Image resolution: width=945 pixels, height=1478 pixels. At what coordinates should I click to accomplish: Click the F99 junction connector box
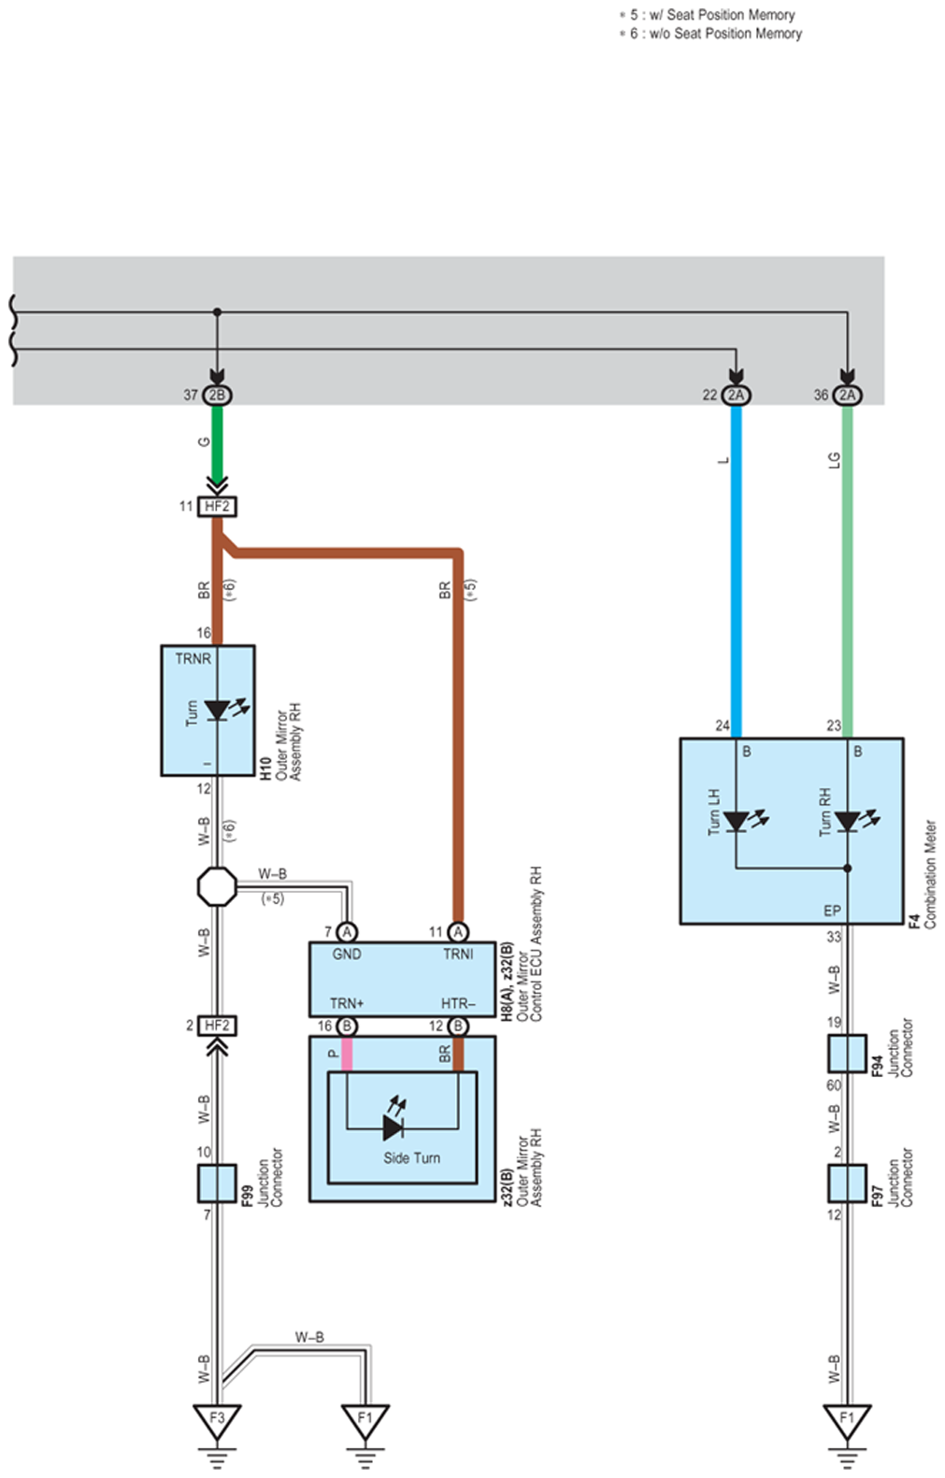click(217, 1184)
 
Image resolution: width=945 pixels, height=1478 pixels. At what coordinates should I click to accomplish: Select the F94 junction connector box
click(847, 1053)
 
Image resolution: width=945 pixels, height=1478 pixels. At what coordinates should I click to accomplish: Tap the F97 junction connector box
click(847, 1184)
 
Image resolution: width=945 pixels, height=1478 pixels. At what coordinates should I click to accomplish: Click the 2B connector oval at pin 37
click(217, 395)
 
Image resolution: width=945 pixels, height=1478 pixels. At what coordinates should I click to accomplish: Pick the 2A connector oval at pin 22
click(736, 395)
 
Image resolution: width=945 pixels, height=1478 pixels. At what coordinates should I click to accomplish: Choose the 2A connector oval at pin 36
click(848, 395)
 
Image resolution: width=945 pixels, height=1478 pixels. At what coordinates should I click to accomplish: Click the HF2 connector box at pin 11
click(217, 506)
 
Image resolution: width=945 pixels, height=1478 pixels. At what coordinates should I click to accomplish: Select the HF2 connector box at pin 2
click(217, 1025)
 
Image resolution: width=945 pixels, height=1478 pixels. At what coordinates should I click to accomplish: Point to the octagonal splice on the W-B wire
click(217, 886)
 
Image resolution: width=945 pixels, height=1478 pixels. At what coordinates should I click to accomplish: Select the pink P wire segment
click(347, 1054)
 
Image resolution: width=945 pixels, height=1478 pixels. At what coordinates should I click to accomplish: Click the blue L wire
click(736, 571)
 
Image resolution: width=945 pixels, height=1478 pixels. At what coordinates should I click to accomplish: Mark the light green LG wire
click(848, 571)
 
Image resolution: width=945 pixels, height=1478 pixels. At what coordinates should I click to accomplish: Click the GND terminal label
click(347, 954)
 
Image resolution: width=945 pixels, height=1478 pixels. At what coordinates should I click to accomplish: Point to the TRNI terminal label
click(458, 954)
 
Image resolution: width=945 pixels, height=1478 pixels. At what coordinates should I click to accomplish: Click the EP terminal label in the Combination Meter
click(832, 911)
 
